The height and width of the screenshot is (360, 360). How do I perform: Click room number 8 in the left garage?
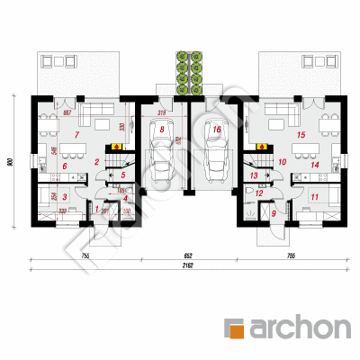tap(161, 130)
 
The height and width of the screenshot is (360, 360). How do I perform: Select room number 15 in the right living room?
tap(301, 135)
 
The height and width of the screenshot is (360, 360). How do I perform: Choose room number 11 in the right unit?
tap(314, 195)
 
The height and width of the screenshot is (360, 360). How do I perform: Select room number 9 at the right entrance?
tap(274, 213)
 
